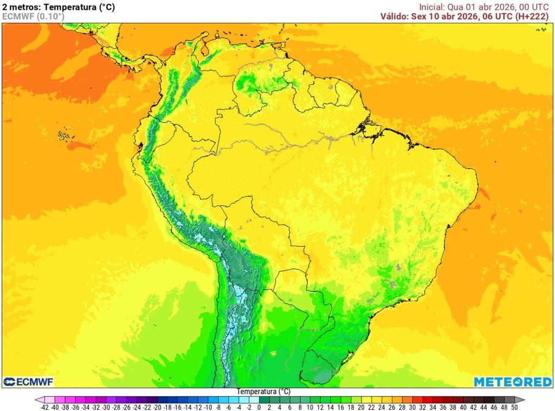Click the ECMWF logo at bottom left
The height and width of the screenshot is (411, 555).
coord(28,382)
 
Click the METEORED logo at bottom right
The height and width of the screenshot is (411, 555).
coord(513,382)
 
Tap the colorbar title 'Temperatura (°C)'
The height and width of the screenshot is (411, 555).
coord(263,391)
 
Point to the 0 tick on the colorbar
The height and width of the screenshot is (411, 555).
coord(259,407)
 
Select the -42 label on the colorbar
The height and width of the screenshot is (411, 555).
coord(44,407)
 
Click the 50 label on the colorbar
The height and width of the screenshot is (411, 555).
coord(514,407)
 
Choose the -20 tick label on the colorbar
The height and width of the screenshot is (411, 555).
coord(157,407)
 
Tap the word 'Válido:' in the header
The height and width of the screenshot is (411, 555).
coord(395,16)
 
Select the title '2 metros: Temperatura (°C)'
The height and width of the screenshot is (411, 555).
coord(59,7)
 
